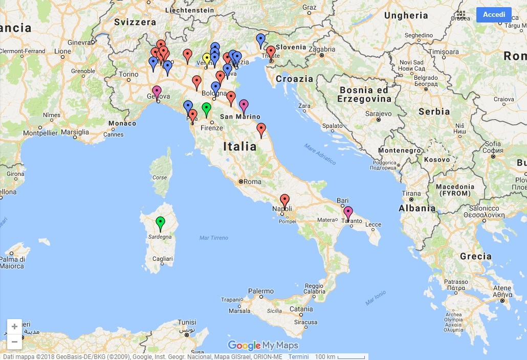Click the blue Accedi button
[494, 14]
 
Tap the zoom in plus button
[14, 326]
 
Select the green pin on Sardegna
[160, 222]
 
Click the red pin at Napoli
[284, 200]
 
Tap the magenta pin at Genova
[157, 92]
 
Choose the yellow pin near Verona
[206, 59]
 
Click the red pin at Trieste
[271, 52]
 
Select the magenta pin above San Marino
[244, 105]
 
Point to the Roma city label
[252, 182]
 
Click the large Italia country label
[240, 147]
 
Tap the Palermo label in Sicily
[261, 291]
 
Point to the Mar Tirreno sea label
[214, 238]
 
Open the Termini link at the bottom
[298, 356]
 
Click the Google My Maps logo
[262, 346]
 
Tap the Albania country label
[417, 208]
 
